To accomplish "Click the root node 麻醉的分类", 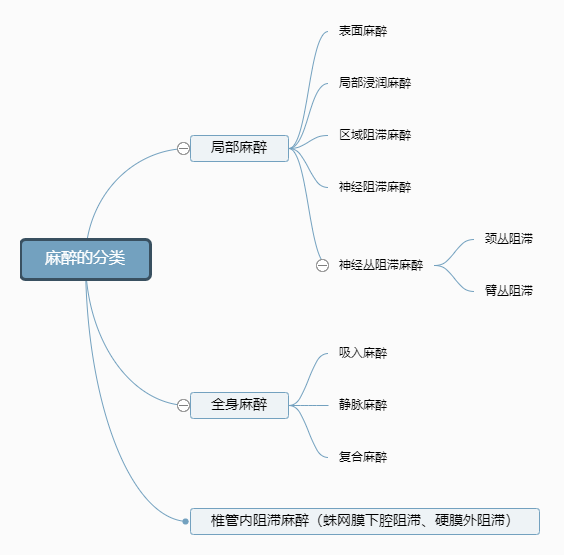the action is [86, 259].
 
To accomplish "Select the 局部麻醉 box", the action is [239, 148].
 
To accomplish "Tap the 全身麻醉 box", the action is [239, 405].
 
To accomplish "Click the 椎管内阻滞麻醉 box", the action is [365, 521].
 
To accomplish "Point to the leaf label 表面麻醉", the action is [363, 31].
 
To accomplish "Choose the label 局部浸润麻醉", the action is [375, 83].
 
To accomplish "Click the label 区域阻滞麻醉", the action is [375, 135].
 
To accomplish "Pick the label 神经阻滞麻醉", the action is [375, 187].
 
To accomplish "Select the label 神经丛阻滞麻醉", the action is [381, 265].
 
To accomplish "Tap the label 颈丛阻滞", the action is [509, 238].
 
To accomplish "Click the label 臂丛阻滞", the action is [509, 291].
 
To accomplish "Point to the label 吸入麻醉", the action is [363, 353].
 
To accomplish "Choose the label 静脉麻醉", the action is [363, 405].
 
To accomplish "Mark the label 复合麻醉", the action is [363, 457].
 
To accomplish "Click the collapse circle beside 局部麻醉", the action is [183, 148].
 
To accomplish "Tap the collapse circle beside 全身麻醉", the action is [183, 405].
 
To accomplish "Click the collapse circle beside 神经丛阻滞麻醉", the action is [322, 265].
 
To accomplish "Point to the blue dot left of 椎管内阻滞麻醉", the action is [185, 521].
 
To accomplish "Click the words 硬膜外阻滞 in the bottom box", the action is [470, 520].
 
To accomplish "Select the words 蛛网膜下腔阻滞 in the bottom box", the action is [372, 520].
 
